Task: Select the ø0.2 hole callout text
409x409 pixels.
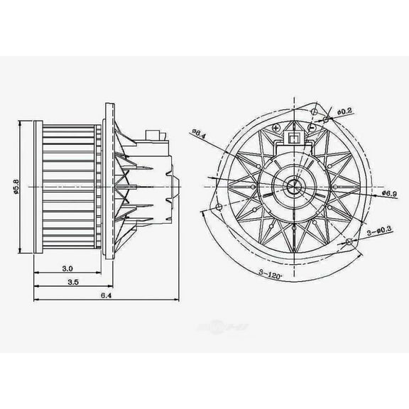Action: point(344,112)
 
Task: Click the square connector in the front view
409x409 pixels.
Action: point(293,137)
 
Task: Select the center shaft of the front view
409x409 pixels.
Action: point(293,188)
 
